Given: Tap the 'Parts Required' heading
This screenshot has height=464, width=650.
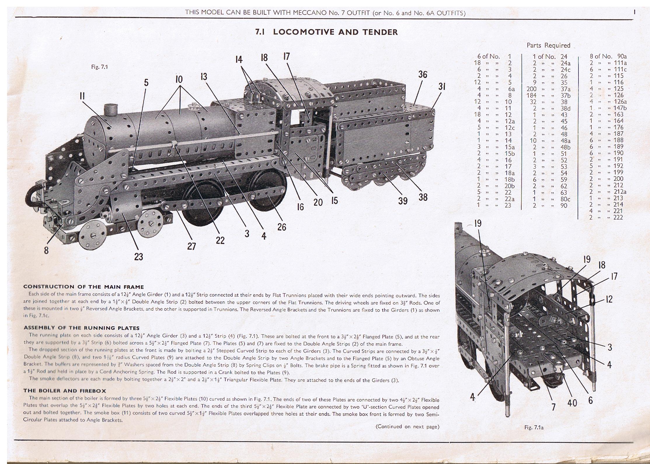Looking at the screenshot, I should pos(548,45).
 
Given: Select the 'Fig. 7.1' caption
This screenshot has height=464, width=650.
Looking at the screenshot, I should pos(100,67).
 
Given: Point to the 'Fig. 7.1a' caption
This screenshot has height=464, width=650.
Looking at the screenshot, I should pos(534,427).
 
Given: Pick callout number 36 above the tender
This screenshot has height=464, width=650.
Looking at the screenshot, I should pos(422,74).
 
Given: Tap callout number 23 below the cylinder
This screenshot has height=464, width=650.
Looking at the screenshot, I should pos(138,257).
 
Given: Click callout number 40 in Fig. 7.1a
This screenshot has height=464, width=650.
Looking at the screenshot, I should pos(572,403).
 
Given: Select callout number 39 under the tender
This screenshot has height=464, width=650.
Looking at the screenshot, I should pos(403,201).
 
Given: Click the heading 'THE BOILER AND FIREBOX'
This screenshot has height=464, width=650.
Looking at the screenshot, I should pos(65,391).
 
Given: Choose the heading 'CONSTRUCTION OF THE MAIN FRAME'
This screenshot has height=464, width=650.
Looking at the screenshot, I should pos(83,287).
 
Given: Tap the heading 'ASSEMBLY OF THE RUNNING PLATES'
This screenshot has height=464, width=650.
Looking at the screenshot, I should pos(81,328).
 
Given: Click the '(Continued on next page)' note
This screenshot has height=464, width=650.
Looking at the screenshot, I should pos(407,427).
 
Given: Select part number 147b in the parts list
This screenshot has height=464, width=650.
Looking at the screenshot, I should pos(618,108).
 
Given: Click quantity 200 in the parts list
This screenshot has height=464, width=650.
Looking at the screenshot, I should pos(531,89).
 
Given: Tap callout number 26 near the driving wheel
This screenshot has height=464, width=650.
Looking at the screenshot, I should pos(282,227).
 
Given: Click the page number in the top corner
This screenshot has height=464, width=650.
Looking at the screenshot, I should pos(635,12).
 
